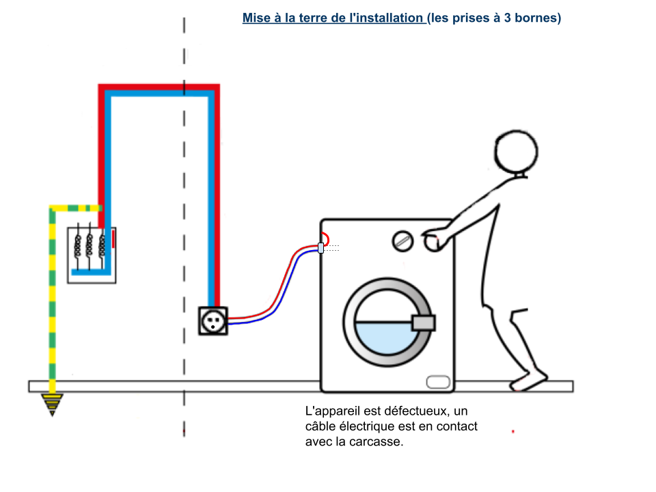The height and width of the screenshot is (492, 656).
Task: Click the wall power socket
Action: [x=213, y=321]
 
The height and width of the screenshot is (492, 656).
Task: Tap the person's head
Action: [x=516, y=152]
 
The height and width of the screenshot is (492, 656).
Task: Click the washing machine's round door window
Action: [x=387, y=322]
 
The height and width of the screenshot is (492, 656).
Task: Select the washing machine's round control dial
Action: [x=402, y=241]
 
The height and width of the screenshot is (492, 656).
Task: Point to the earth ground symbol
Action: [x=53, y=405]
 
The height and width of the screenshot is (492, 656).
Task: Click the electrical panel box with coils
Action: [x=92, y=255]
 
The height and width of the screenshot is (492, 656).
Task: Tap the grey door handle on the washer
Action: [x=424, y=323]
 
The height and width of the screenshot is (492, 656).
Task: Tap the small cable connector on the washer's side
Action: [x=321, y=247]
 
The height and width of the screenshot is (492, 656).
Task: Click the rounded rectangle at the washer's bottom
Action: [x=438, y=382]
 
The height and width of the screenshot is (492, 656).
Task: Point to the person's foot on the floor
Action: [x=528, y=381]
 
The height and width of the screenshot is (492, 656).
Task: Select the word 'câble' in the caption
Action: [x=320, y=426]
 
